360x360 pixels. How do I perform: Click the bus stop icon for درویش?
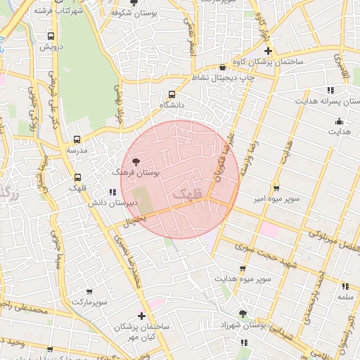coord(51,36)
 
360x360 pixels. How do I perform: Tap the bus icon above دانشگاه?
coord(172,94)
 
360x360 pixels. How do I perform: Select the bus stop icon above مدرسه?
coord(77,140)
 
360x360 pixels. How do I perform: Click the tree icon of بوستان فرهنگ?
coord(136,162)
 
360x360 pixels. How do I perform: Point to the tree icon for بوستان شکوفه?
coord(134,3)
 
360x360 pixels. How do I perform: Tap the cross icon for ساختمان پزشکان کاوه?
coord(267,51)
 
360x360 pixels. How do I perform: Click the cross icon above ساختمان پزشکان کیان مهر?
coord(142,316)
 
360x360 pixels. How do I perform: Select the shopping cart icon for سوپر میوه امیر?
coord(276,188)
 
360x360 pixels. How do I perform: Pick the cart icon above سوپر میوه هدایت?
coord(243,269)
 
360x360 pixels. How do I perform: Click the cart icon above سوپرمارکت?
coord(89,291)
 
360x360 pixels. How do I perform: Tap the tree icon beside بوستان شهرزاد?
coord(243,314)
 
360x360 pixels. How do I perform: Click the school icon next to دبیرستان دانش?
coord(112,192)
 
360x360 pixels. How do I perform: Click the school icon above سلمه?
coord(345,286)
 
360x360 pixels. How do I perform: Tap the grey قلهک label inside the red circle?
coord(186,191)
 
